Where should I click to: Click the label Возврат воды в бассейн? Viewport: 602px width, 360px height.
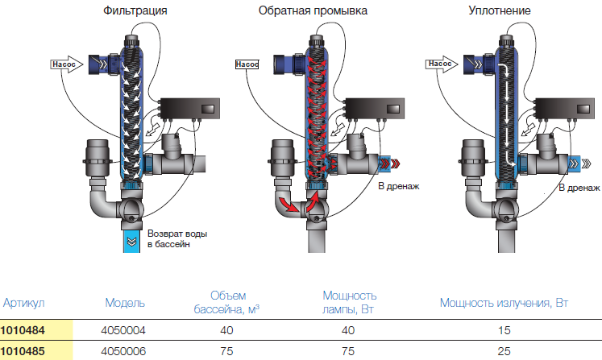176,238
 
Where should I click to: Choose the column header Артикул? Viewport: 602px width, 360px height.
23,303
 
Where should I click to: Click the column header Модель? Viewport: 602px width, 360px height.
125,303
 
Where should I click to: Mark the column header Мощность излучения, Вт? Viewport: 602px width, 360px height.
504,303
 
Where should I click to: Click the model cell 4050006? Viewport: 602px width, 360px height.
125,350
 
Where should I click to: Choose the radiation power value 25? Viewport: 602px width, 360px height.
504,350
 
